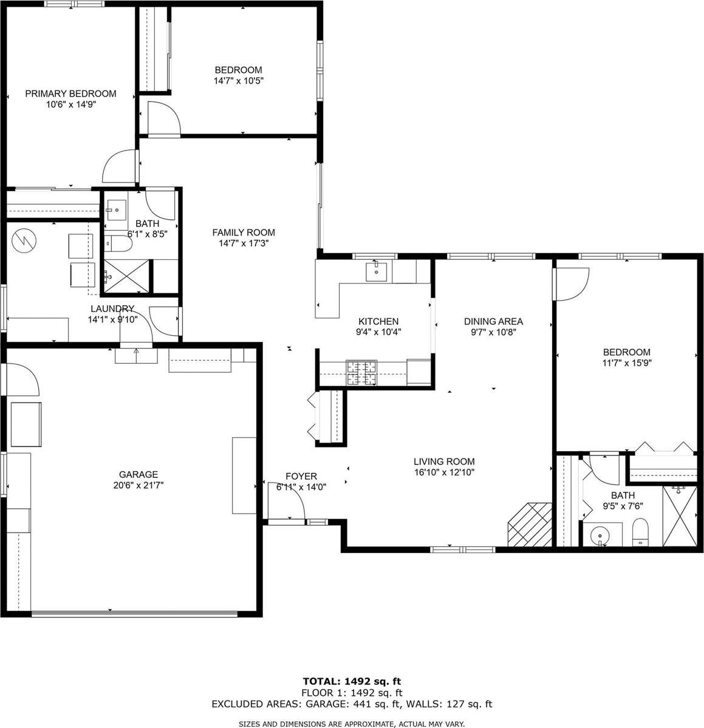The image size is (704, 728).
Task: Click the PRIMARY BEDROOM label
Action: [70, 94]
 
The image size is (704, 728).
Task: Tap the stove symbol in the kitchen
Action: [361, 373]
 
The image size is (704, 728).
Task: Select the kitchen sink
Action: [378, 271]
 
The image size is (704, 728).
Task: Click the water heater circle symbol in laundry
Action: [24, 239]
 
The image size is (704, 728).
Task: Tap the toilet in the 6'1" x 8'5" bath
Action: [119, 245]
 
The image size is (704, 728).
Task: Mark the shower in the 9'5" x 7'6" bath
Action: [680, 515]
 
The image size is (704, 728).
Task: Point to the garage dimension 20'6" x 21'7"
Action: [138, 485]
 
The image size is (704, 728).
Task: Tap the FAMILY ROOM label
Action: [243, 232]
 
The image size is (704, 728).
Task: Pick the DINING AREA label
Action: [493, 321]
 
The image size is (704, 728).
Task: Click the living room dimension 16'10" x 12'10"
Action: [444, 472]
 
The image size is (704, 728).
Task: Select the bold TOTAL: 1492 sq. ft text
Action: [352, 681]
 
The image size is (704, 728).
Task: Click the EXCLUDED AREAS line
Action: [352, 704]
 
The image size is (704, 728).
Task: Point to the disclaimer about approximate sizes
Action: [352, 724]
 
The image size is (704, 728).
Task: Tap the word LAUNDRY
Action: [112, 308]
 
